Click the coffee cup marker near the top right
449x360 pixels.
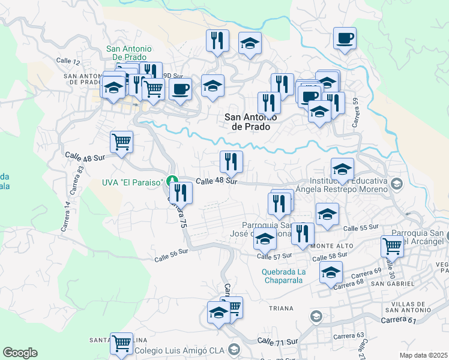coord(345,39)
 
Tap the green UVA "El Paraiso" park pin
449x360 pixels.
coord(172,180)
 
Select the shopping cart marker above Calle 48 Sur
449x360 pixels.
coord(121,143)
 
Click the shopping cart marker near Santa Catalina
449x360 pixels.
coord(121,344)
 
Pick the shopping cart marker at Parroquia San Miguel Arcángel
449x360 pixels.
coord(392,246)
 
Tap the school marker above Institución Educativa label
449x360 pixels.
coord(342,170)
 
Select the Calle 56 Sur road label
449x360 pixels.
coord(172,256)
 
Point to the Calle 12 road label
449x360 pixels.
coord(68,61)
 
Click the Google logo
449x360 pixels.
coord(20,353)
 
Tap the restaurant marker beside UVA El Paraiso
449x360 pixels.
coord(180,193)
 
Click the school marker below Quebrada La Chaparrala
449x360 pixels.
coord(331,272)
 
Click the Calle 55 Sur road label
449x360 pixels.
coord(361,227)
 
